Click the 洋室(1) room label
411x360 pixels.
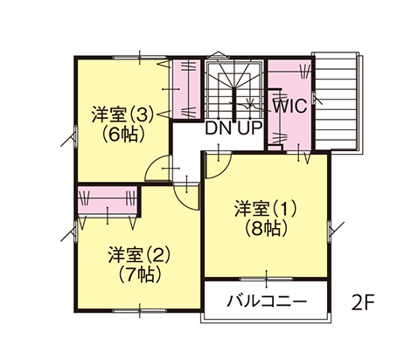265,209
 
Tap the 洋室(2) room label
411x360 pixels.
139,254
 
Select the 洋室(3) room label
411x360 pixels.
122,114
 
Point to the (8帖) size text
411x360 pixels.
266,228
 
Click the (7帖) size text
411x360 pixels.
139,274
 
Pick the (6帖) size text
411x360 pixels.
123,134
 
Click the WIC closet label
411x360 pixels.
289,106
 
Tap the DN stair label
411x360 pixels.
219,128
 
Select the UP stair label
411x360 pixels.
250,128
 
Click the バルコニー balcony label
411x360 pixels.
267,301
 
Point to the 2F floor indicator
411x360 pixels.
363,303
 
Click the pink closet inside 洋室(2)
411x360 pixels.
108,200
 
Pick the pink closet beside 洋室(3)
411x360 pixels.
186,88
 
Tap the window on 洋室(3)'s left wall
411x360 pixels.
75,136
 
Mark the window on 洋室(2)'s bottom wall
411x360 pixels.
139,311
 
